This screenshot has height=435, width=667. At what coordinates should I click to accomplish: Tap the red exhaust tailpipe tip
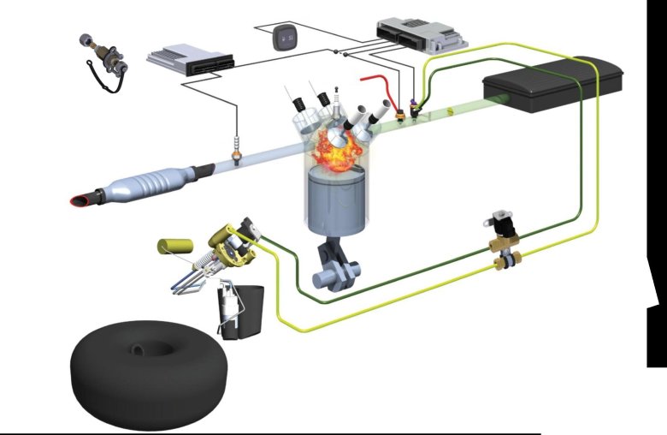(80, 200)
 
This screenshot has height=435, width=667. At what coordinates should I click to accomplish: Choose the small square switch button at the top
(285, 39)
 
